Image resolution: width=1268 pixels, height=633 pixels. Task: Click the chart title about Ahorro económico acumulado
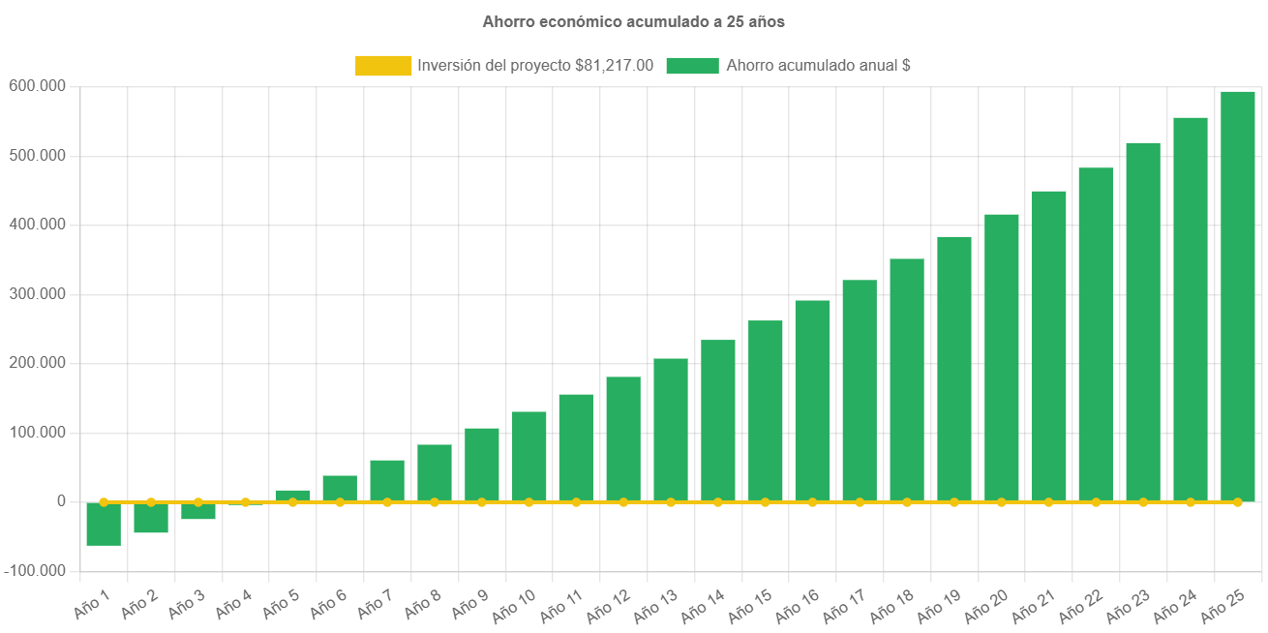[x=633, y=21]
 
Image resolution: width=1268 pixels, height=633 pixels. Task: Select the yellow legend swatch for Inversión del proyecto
[x=383, y=66]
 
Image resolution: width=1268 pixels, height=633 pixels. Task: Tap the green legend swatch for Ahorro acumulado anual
[x=692, y=66]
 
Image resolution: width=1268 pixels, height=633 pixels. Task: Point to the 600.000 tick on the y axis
[x=37, y=86]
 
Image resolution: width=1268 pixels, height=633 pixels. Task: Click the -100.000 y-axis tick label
[x=35, y=571]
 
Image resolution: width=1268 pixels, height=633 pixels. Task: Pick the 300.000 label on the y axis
[x=37, y=293]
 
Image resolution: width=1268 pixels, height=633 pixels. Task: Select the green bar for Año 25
[x=1237, y=295]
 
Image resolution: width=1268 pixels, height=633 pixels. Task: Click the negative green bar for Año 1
[x=104, y=524]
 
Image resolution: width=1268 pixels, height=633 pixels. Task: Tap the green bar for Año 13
[x=671, y=430]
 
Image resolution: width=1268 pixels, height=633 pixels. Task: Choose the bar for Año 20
[x=1002, y=357]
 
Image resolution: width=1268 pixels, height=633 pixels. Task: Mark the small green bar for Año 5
[x=292, y=496]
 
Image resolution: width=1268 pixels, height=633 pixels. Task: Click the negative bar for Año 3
[x=198, y=511]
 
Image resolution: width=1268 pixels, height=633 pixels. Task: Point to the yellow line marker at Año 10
[x=528, y=502]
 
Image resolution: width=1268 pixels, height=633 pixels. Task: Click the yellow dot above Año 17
[x=860, y=502]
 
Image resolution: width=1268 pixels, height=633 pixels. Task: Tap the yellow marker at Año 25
[x=1237, y=502]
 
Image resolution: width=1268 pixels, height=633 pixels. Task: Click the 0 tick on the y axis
[x=61, y=501]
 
